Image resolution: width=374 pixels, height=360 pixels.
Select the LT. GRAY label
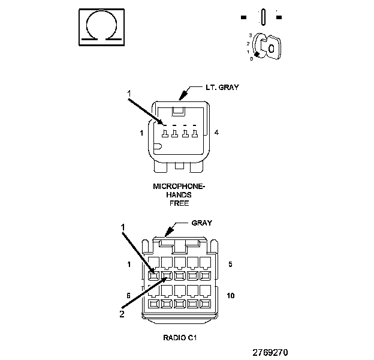222,88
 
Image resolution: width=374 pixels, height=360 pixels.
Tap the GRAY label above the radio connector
201,223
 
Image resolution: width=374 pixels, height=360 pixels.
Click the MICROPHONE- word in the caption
179,186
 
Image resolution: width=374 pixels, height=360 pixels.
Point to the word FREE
179,203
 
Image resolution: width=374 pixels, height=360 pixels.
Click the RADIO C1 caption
180,338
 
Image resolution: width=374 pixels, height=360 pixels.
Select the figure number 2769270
270,352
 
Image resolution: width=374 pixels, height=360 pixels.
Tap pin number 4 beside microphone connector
216,133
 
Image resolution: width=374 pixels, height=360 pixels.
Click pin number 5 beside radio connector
230,264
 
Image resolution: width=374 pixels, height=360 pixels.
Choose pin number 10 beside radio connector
230,296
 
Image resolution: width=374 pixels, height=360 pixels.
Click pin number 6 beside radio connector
128,296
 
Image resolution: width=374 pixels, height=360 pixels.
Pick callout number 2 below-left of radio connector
122,314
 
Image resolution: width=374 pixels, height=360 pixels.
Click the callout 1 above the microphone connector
129,94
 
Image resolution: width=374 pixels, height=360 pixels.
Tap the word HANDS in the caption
179,195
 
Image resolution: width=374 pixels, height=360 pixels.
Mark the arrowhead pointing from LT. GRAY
182,96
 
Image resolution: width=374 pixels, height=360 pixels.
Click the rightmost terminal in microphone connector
195,133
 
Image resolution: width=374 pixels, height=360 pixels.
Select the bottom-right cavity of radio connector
206,304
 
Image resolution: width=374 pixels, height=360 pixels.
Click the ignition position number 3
251,35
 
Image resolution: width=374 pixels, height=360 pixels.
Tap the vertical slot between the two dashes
263,17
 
